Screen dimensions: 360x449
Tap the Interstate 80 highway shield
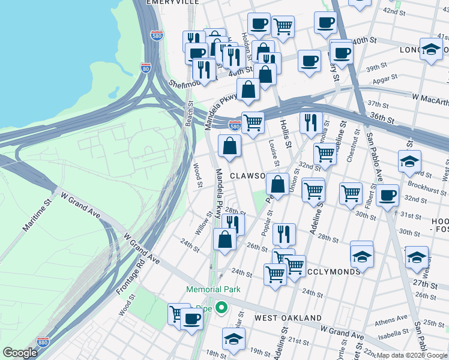(x=146, y=68)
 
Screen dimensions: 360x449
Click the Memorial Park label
(x=213, y=289)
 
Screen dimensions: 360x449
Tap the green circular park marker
(x=221, y=308)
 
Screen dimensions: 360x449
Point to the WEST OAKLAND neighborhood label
(x=288, y=317)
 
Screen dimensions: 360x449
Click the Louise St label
(x=274, y=152)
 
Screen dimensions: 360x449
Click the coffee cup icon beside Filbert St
(x=387, y=194)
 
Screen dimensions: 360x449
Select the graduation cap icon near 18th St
(x=234, y=338)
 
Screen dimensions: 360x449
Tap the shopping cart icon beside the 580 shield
(x=253, y=122)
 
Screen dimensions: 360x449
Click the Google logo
(x=20, y=353)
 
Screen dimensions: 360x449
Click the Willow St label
(x=203, y=223)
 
